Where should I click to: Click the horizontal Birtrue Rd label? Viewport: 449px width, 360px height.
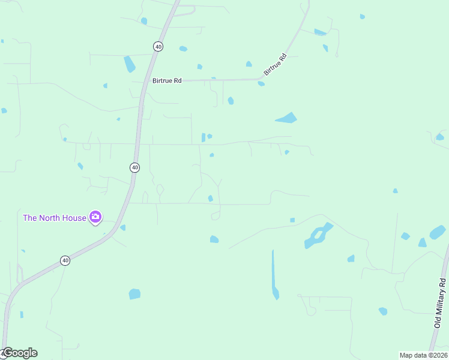coord(167,80)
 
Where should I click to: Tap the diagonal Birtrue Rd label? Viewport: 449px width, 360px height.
coord(276,65)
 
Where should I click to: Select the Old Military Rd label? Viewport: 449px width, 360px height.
coord(442,302)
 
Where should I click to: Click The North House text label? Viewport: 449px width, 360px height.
coord(55,218)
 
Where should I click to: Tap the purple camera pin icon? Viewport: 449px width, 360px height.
coord(95,217)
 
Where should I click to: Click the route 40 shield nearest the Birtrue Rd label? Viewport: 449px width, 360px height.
coord(158,46)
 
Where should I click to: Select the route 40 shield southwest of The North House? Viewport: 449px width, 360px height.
coord(65,260)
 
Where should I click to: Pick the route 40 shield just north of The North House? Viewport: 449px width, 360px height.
coord(134,167)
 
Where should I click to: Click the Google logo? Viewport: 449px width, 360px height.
coord(20,353)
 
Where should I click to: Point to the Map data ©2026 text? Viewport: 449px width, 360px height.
coord(423,355)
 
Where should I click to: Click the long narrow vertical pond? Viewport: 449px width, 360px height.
coord(274,275)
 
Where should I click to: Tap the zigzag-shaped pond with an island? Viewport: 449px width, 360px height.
coord(318,236)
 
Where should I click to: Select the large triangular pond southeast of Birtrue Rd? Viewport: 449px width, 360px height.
coord(287,118)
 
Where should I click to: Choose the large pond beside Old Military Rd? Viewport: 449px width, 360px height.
coord(438,232)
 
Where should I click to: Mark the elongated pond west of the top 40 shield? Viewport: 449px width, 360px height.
coord(129,64)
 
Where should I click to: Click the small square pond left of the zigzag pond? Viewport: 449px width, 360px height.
coord(292,220)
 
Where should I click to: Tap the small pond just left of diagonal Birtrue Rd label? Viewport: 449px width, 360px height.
coord(249,64)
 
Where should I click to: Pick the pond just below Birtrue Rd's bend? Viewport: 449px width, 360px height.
coord(261,83)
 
